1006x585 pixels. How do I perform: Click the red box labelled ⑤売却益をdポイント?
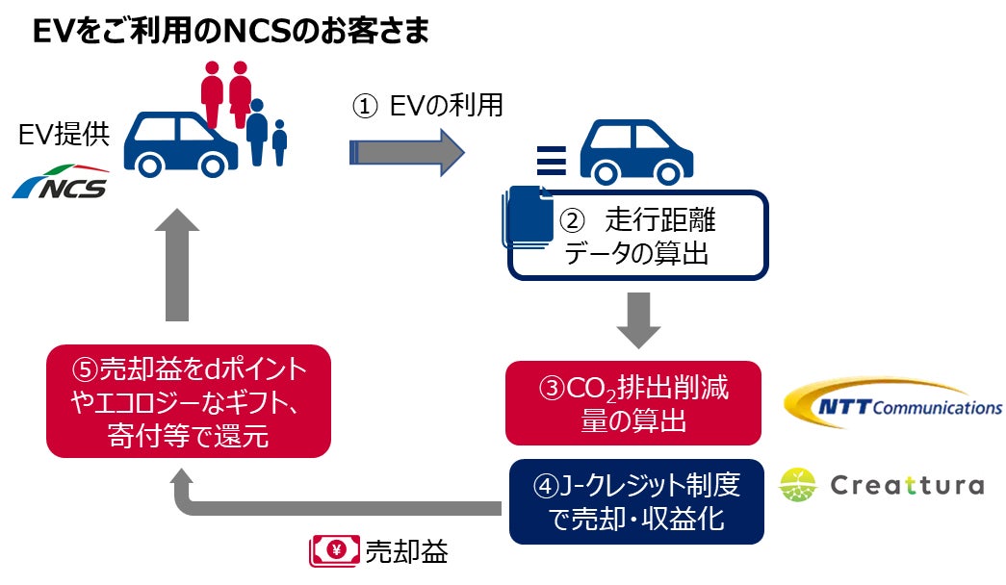[189, 400]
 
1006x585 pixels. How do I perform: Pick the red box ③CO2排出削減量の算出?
[633, 403]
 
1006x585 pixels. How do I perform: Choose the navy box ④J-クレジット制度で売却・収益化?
[636, 501]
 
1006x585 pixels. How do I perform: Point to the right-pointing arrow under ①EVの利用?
[405, 152]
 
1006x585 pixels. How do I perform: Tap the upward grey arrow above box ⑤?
[176, 266]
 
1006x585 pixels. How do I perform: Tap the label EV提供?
[64, 135]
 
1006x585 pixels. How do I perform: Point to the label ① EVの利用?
[426, 105]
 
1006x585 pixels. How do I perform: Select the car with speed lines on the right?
[616, 151]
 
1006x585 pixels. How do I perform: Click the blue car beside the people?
[181, 144]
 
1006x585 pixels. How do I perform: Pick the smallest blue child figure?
[279, 141]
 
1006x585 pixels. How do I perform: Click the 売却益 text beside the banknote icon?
[406, 551]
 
